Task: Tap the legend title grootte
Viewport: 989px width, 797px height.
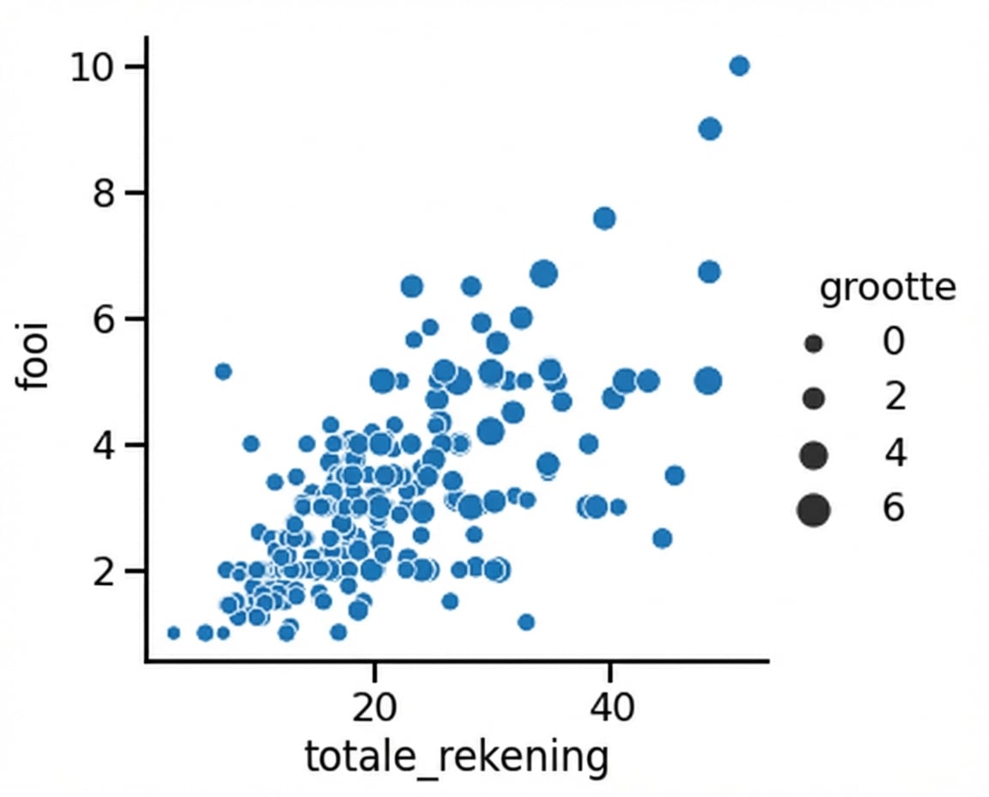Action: pyautogui.click(x=887, y=289)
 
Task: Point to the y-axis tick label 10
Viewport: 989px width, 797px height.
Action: pyautogui.click(x=94, y=67)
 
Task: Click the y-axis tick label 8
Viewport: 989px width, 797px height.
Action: pyautogui.click(x=106, y=193)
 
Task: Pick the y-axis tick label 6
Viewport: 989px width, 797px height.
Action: pyautogui.click(x=106, y=319)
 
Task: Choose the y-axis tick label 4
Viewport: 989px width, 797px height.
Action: pyautogui.click(x=106, y=445)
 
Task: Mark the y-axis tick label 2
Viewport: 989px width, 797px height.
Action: pyautogui.click(x=106, y=571)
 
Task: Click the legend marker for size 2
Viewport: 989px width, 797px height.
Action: pyautogui.click(x=814, y=398)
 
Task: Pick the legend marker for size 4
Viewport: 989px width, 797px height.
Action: pyautogui.click(x=814, y=454)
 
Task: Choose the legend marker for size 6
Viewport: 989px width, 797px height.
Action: pyautogui.click(x=813, y=510)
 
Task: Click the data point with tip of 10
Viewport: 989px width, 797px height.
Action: pyautogui.click(x=739, y=66)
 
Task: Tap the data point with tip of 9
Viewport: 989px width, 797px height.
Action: pyautogui.click(x=710, y=129)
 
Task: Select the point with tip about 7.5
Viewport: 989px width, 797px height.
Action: pyautogui.click(x=604, y=218)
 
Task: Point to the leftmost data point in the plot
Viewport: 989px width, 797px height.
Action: pyautogui.click(x=173, y=633)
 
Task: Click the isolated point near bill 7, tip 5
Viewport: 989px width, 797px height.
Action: pyautogui.click(x=223, y=371)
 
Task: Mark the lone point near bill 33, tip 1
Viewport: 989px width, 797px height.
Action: pyautogui.click(x=526, y=622)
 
